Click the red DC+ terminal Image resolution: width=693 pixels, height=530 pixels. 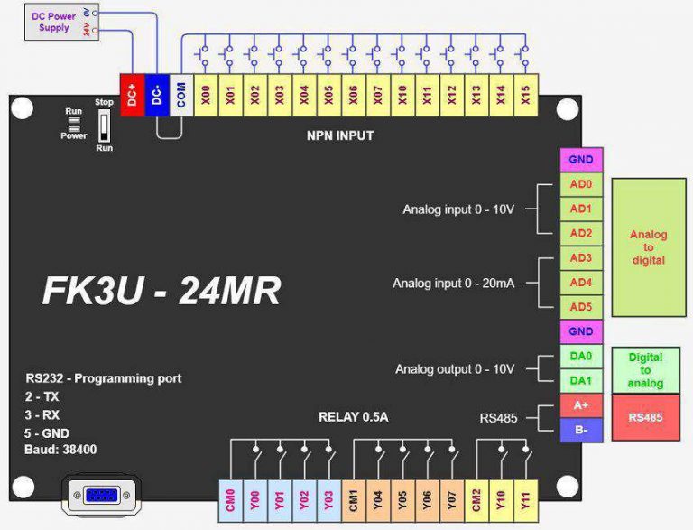tap(132, 93)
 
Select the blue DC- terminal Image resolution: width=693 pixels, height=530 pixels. tap(156, 93)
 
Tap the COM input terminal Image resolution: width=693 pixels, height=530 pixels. tap(181, 93)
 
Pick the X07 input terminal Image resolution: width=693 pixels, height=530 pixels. tap(378, 93)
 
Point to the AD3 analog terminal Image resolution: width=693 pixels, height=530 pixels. tap(580, 257)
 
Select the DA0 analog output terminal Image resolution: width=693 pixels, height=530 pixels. tap(580, 356)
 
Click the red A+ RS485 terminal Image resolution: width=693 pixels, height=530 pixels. tap(580, 405)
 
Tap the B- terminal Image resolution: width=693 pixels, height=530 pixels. tap(580, 430)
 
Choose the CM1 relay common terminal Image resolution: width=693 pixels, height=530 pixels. tap(354, 500)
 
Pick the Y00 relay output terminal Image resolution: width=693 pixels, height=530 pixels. tap(255, 500)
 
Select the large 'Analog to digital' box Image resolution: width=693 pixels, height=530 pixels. tap(648, 246)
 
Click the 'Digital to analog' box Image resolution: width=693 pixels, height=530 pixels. tap(645, 369)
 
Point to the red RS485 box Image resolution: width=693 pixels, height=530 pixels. tap(645, 417)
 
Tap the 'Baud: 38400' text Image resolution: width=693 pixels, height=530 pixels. tap(61, 449)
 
